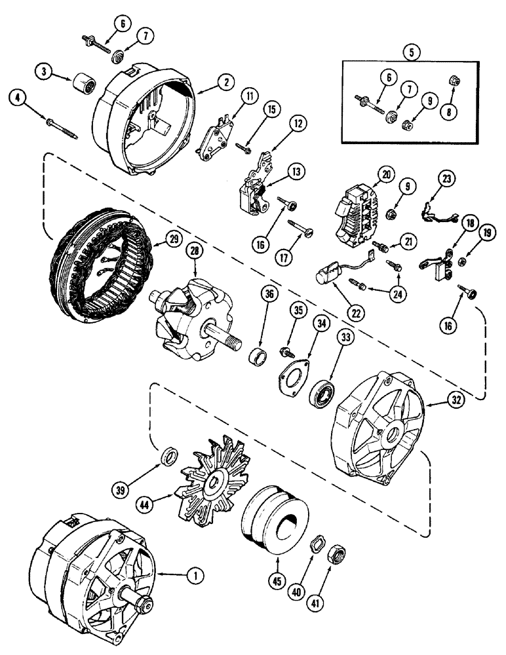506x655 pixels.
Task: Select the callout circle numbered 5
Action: tap(411, 54)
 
